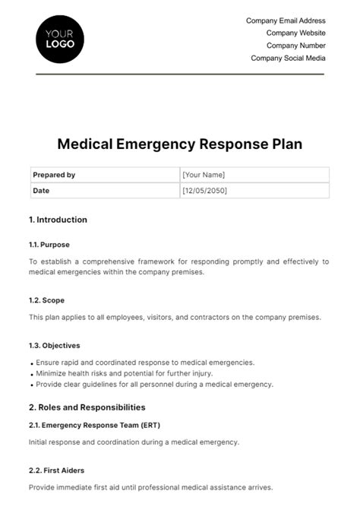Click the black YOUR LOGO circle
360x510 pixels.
tap(60, 38)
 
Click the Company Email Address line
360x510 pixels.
tap(286, 21)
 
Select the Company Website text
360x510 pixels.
tap(295, 33)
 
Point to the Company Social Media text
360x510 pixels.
tap(288, 58)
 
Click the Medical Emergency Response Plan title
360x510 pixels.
tap(180, 145)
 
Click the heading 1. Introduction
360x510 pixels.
tap(58, 220)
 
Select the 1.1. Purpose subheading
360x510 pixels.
tap(50, 245)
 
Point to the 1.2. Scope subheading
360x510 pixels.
tap(48, 299)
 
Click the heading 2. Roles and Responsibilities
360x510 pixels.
tap(87, 407)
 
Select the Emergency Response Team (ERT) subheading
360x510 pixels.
tap(94, 425)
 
